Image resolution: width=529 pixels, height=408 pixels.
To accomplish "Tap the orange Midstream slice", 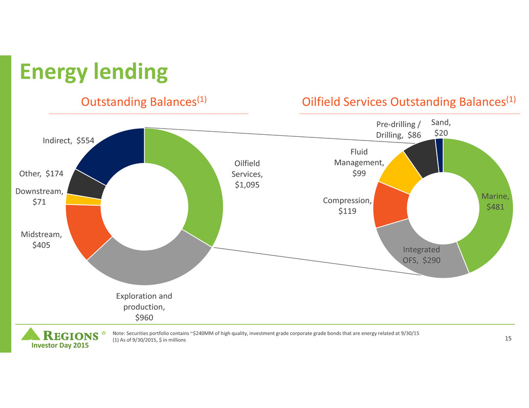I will (84, 230).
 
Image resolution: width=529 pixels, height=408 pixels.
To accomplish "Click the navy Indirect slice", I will (113, 151).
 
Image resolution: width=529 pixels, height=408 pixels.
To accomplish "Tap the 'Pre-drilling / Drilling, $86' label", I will (399, 130).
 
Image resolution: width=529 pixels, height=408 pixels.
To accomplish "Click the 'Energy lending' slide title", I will (94, 72).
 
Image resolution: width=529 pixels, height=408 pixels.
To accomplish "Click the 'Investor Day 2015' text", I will (58, 346).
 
